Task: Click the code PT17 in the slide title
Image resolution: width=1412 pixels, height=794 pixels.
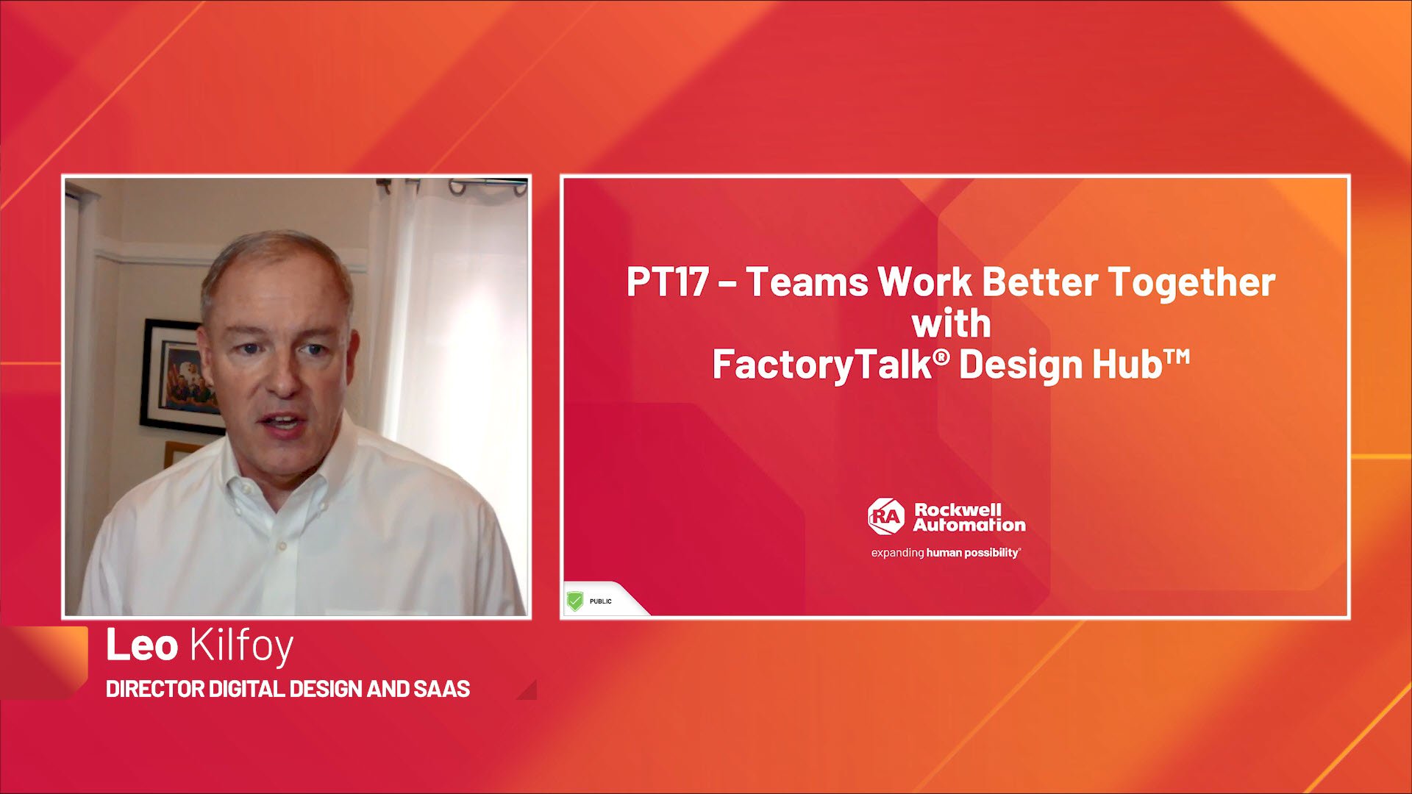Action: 667,282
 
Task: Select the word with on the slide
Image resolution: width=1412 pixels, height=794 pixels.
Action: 951,323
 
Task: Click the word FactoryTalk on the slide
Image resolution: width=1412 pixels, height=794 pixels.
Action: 822,365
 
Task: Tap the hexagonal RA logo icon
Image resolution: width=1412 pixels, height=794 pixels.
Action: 885,517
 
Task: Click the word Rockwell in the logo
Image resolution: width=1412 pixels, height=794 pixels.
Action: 958,509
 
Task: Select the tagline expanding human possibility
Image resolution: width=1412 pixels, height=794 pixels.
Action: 946,553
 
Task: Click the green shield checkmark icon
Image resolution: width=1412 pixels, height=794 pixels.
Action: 575,601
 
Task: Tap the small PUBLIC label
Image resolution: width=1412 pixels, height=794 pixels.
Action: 600,601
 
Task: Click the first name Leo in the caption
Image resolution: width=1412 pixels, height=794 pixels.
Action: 142,645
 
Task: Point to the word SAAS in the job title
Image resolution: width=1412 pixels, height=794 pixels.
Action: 441,689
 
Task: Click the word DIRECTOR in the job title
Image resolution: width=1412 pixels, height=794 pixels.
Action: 155,689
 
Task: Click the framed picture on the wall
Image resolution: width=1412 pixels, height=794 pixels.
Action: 176,375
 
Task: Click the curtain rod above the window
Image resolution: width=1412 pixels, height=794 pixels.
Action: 452,183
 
